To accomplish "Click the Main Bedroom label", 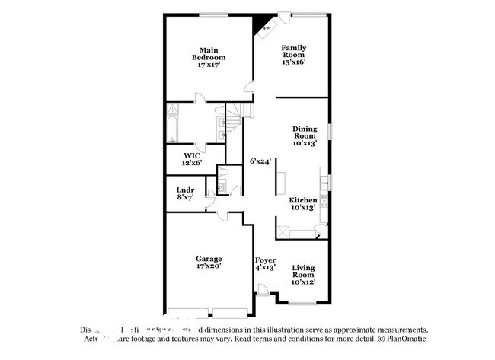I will [x=208, y=54].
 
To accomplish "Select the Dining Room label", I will [x=305, y=135].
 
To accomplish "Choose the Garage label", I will [x=208, y=259].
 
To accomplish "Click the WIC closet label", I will [x=191, y=156].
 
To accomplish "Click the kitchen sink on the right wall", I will [x=324, y=182].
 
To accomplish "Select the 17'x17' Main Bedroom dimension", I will [x=208, y=65].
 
